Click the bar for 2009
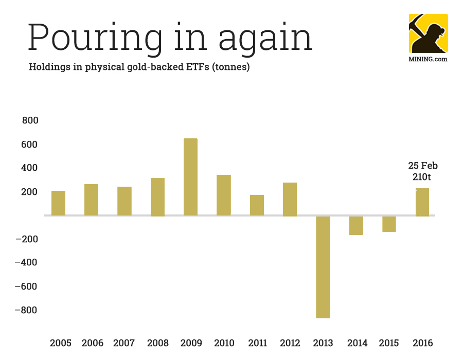pos(190,177)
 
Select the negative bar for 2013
pos(323,267)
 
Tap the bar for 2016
pos(422,202)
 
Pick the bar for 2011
pos(257,205)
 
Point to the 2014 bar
pos(356,225)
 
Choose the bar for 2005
pos(58,203)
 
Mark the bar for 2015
pos(389,224)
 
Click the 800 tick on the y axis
pos(30,121)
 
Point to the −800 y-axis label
pos(27,310)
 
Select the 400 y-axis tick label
pos(30,168)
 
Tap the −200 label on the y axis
pos(27,239)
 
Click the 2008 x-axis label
pos(157,343)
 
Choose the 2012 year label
pos(290,343)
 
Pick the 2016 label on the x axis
pos(422,343)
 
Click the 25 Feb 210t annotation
pos(423,171)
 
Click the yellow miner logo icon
pos(428,33)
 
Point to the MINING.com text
pos(428,59)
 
